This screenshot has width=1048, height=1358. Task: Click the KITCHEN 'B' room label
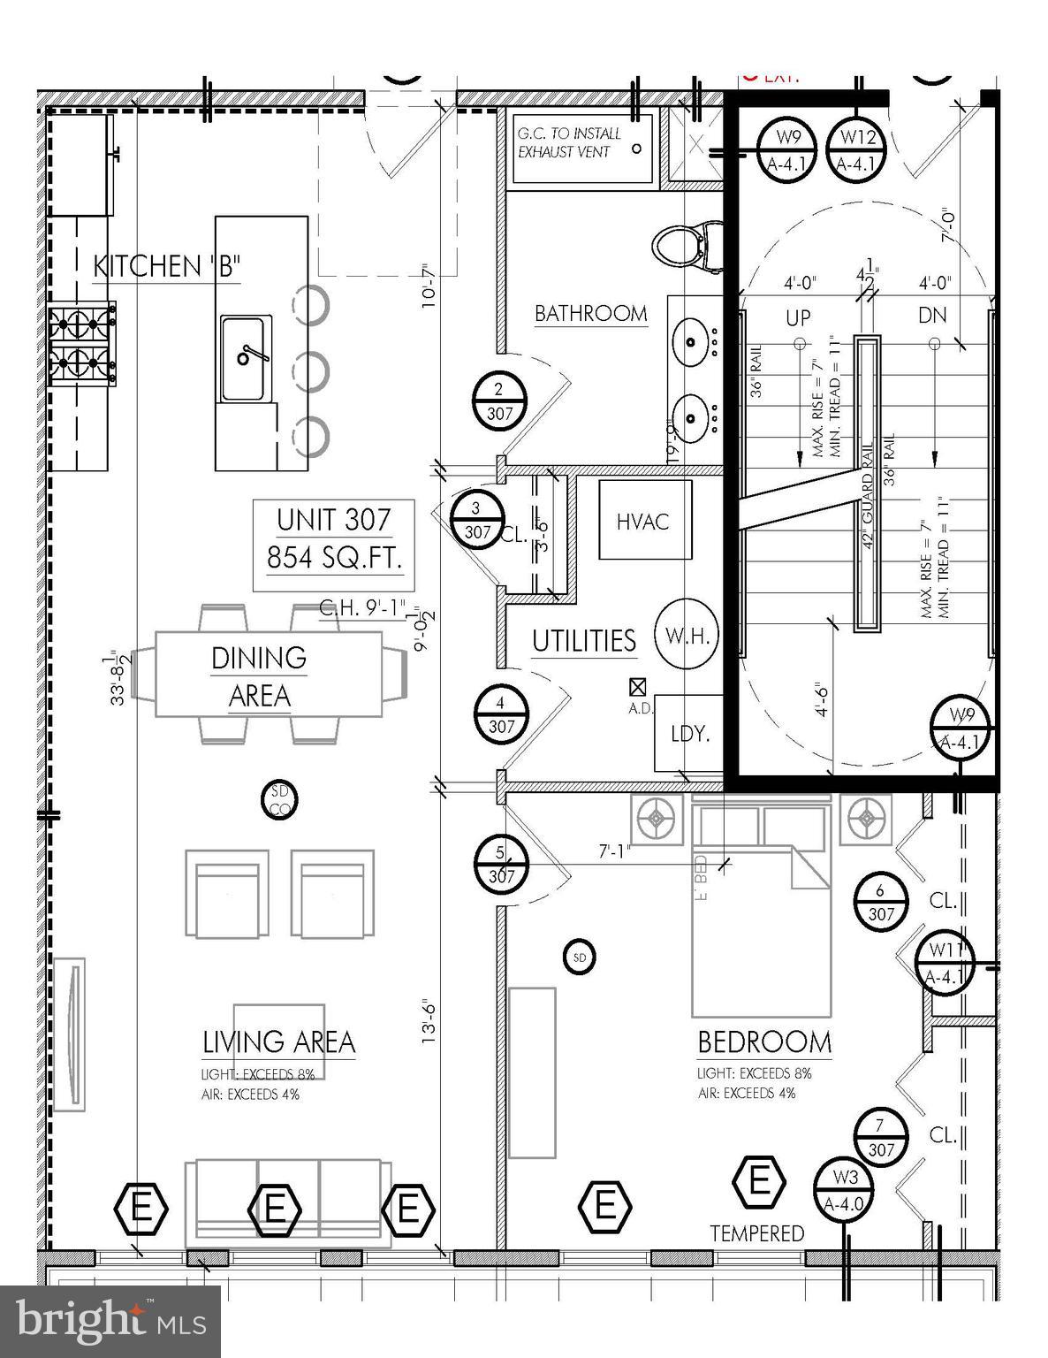(167, 266)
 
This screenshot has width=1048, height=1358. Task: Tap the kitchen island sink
(247, 357)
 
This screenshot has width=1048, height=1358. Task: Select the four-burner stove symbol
(82, 344)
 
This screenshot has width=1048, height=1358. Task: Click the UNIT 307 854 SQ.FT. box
(333, 539)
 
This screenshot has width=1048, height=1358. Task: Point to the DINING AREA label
(258, 677)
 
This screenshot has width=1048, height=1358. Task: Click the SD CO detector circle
(280, 800)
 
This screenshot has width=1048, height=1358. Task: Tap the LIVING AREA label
(278, 1042)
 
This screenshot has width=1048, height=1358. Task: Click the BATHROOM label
(590, 314)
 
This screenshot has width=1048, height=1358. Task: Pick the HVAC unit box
(643, 520)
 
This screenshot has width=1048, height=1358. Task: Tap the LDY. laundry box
(689, 733)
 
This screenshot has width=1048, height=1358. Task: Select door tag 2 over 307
(499, 400)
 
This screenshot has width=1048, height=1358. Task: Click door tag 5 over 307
(501, 864)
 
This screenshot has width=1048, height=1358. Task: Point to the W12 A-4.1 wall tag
(857, 149)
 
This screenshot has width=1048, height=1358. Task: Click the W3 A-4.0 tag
(846, 1189)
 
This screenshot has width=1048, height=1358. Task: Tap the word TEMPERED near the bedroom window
(757, 1232)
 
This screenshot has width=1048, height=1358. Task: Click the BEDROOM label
(764, 1043)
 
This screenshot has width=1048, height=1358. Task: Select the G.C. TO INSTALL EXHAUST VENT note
(570, 142)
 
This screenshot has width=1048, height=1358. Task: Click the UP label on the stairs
(798, 316)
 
